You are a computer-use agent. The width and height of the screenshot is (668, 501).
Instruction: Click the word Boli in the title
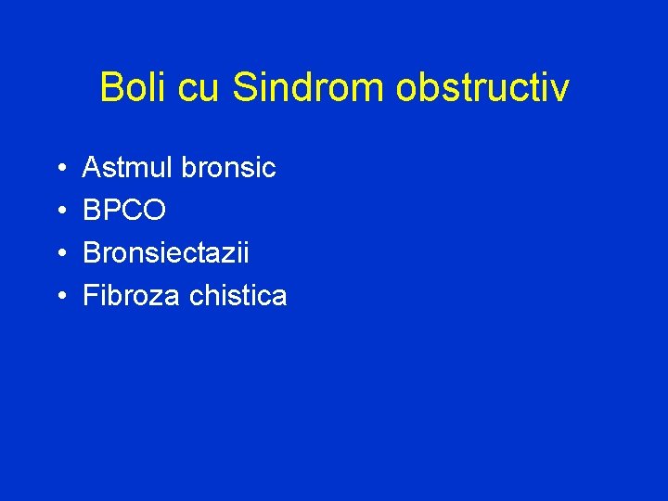(x=129, y=88)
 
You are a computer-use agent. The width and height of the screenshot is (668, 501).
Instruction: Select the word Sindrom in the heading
(x=309, y=88)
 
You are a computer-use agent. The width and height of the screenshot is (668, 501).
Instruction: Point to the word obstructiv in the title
(x=482, y=88)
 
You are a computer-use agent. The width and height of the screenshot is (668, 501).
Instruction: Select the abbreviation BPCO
(x=125, y=211)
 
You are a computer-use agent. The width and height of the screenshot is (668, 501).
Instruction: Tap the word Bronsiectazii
(x=166, y=253)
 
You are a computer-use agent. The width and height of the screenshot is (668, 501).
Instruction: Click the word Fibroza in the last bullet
(x=132, y=296)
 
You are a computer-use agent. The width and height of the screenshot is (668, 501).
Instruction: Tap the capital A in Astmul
(x=93, y=168)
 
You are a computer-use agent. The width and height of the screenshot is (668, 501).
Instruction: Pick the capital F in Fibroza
(x=91, y=296)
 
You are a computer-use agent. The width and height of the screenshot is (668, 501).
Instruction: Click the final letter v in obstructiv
(x=560, y=91)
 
